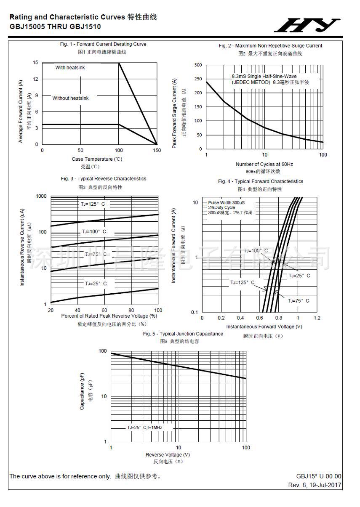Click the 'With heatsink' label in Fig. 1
point(70,68)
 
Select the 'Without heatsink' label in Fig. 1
point(70,98)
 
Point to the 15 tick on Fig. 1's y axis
point(36,63)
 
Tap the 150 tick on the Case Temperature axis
point(157,150)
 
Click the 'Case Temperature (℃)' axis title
point(97,159)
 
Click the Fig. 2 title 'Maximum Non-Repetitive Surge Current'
point(270,45)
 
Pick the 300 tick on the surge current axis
point(198,65)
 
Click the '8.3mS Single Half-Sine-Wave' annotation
point(264,77)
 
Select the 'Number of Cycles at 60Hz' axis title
point(264,164)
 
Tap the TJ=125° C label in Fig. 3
point(93,204)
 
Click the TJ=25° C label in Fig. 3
point(96,284)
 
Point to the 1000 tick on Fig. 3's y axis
point(41,196)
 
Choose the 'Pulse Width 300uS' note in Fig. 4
point(226,202)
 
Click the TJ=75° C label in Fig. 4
point(299,300)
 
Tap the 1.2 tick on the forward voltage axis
point(317,318)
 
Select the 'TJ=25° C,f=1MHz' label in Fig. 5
point(144,427)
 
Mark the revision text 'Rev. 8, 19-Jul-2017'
point(315,485)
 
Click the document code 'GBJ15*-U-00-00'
point(319,476)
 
